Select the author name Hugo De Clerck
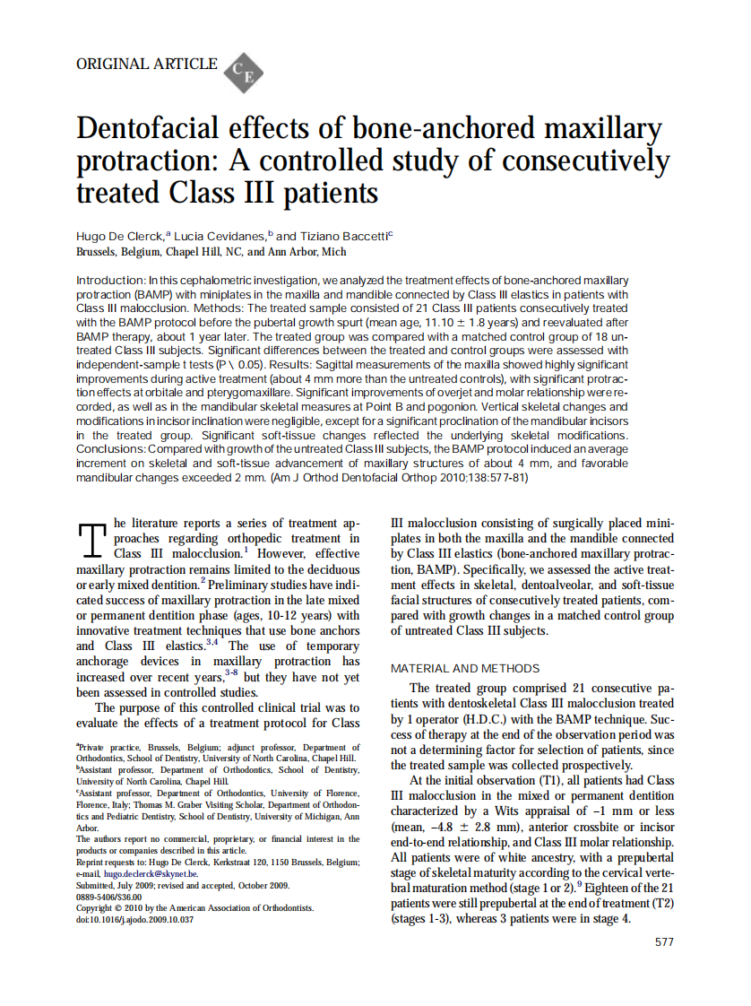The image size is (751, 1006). [120, 236]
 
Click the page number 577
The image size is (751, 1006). [664, 942]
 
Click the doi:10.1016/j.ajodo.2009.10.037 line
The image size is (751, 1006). [134, 920]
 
